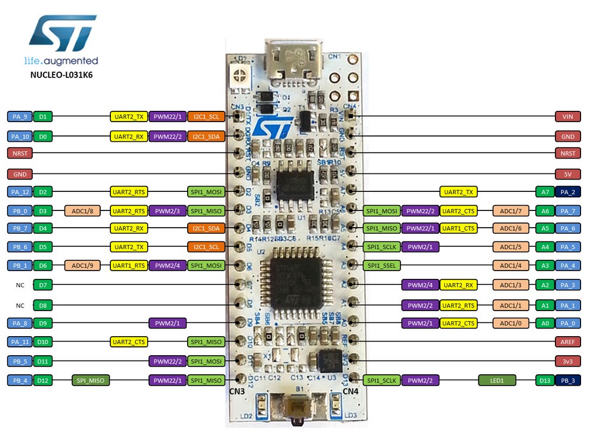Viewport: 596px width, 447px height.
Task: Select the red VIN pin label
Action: click(567, 117)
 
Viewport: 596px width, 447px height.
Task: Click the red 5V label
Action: click(567, 174)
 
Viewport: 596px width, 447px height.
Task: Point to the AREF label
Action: click(567, 342)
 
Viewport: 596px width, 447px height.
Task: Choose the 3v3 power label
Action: click(567, 361)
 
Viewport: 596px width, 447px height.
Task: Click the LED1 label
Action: click(496, 380)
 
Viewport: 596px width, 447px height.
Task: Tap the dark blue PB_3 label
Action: click(567, 380)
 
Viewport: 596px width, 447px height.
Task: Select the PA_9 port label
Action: click(20, 117)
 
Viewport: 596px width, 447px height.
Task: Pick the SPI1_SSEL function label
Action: click(381, 265)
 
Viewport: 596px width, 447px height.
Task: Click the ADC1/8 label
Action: click(82, 211)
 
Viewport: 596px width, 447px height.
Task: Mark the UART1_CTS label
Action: click(458, 228)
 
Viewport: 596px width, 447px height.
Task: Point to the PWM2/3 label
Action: click(167, 211)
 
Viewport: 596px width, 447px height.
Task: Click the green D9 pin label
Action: click(43, 324)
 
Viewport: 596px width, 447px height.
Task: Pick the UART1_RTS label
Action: click(129, 266)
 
